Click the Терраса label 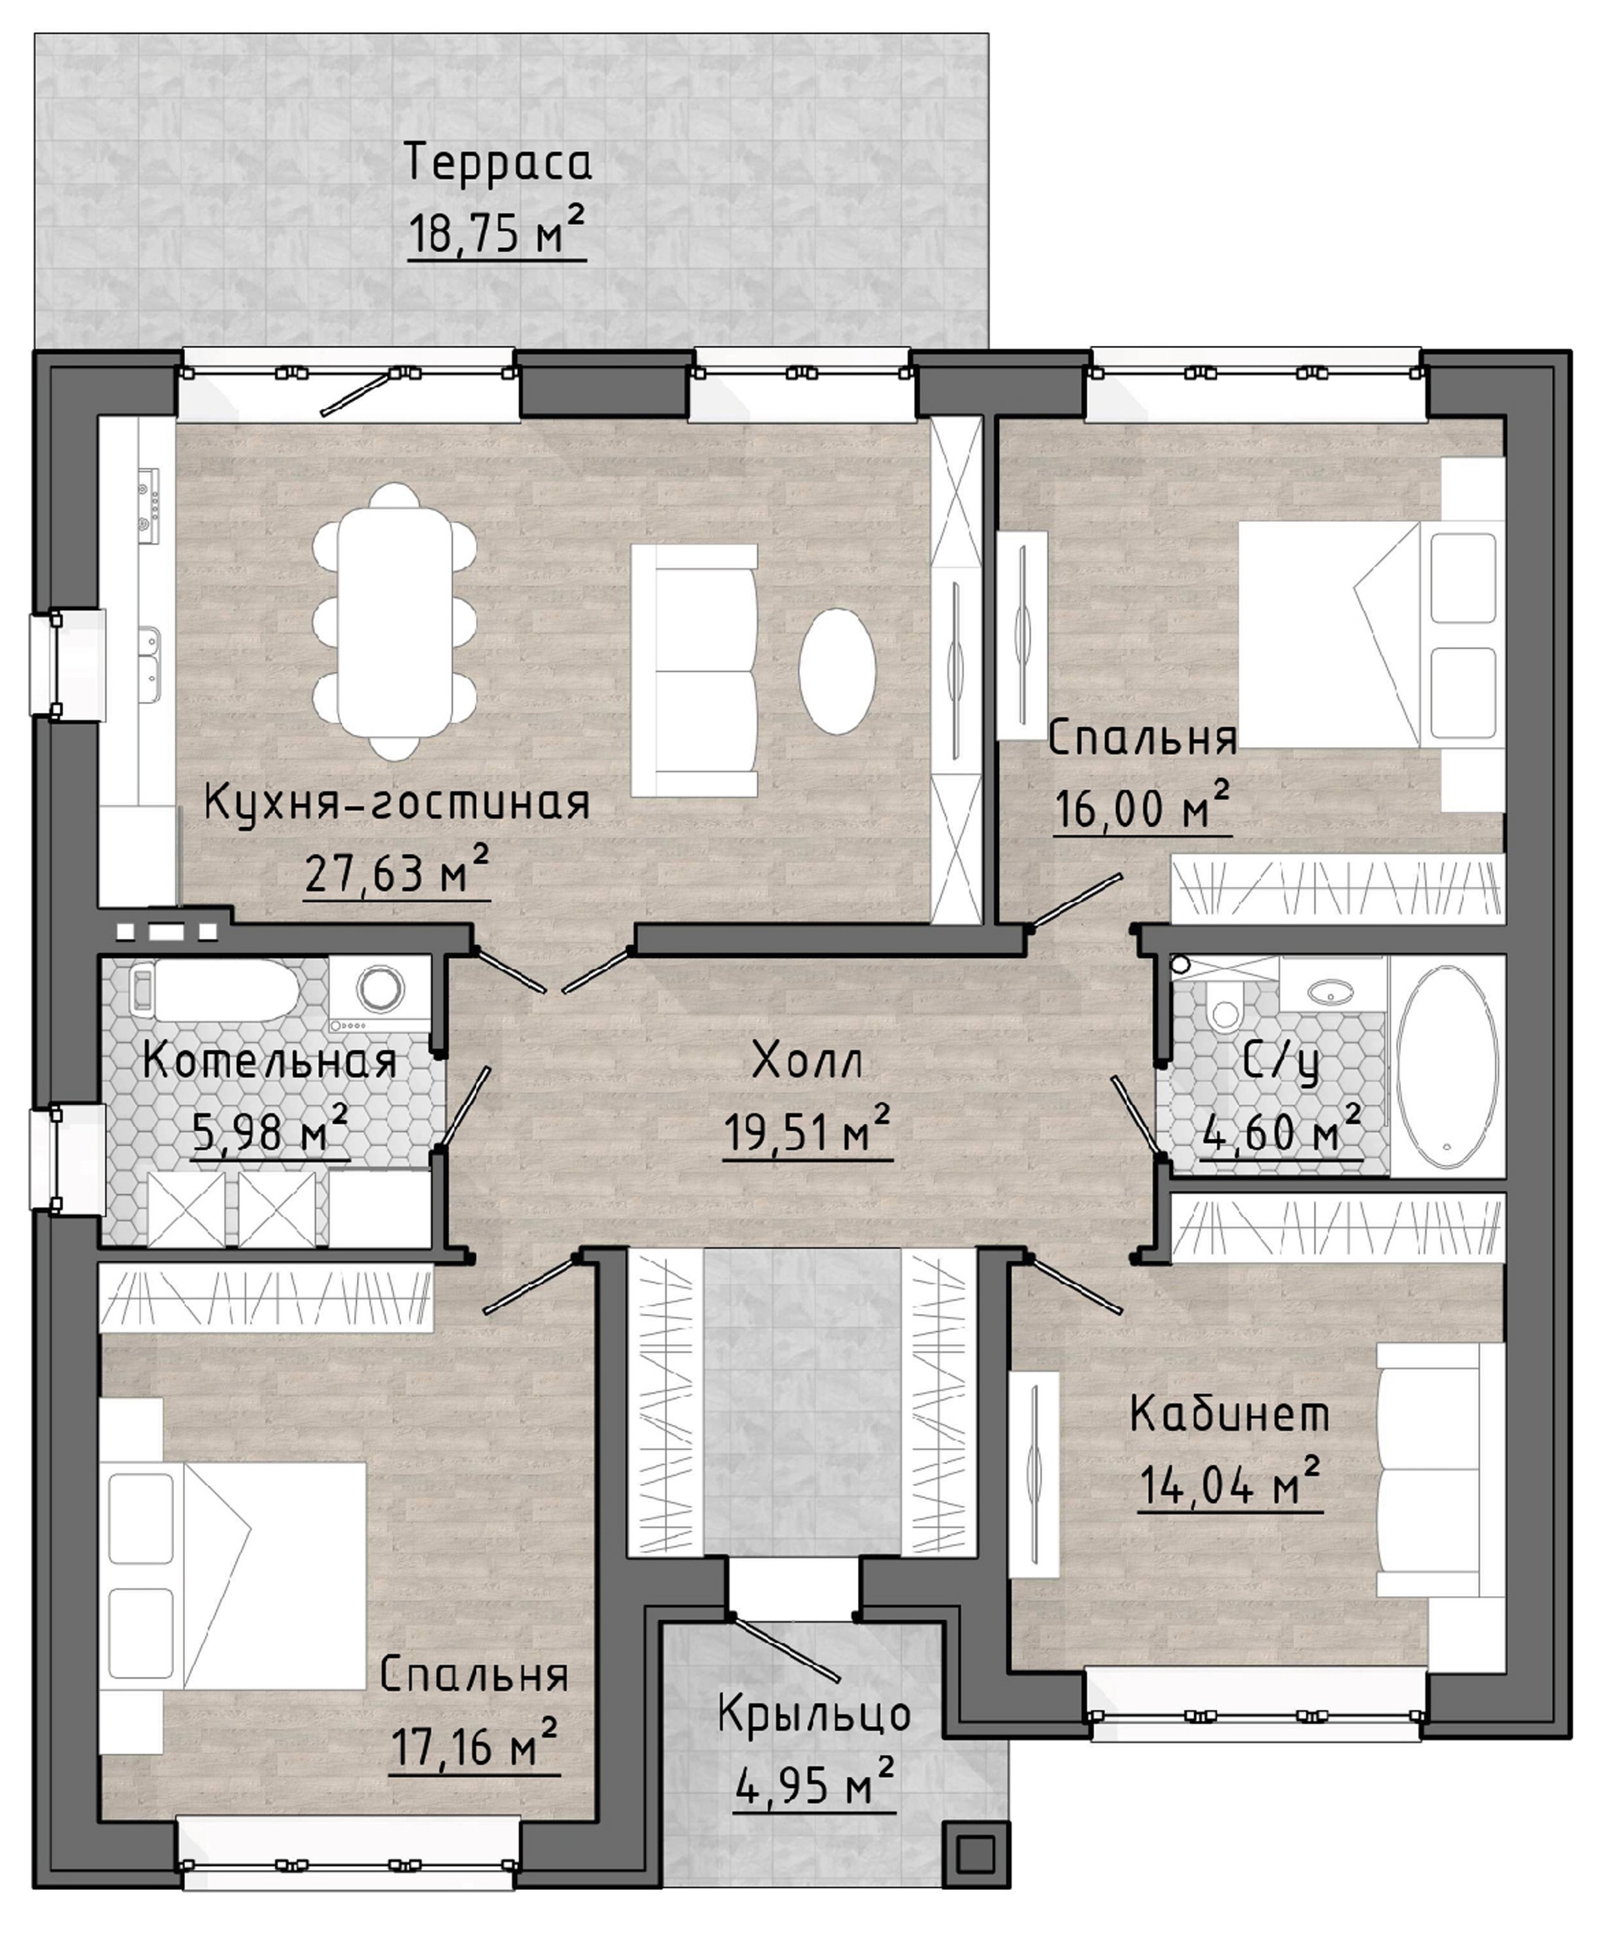point(497,163)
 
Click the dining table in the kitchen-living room point(395,622)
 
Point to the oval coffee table point(837,671)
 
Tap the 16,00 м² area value point(1142,807)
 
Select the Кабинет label point(1230,1413)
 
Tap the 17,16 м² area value point(474,1744)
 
